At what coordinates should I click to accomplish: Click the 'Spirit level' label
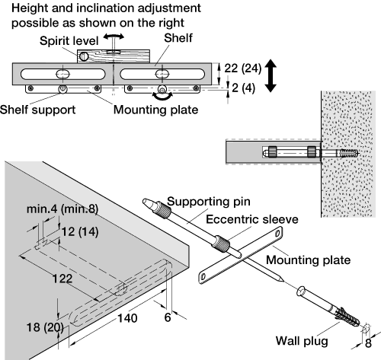69,41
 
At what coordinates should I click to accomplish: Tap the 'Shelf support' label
37,110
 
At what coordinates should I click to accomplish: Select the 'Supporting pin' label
209,202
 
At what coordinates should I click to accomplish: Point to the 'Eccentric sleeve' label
252,219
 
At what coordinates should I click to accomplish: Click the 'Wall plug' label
302,341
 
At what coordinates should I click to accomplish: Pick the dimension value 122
62,279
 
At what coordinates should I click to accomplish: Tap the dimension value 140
127,318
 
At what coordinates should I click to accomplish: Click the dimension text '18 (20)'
45,327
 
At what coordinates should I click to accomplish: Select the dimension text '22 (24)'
242,68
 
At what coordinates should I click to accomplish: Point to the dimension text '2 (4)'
243,88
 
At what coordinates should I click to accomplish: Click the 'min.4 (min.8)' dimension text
62,209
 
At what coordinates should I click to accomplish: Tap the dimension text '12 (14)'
80,232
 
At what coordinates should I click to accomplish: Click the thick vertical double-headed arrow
271,75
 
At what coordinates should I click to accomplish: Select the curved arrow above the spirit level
114,37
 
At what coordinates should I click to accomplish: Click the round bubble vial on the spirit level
84,56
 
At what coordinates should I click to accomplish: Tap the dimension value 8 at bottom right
368,343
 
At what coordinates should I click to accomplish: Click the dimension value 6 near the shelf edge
168,317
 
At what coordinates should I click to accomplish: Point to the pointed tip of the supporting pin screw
283,280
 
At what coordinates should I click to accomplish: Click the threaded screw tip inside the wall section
347,153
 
